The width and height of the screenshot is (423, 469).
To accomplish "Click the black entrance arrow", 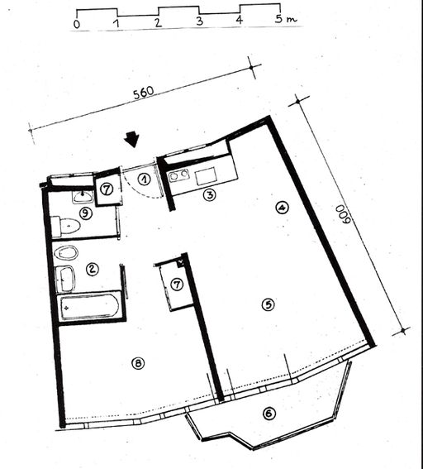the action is point(132,140).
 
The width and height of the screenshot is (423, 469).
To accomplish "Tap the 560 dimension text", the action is point(144,93).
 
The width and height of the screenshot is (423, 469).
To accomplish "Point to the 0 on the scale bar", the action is point(77,24).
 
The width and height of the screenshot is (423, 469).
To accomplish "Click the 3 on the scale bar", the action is point(199,22).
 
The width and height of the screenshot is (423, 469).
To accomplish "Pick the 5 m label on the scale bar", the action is point(286,19).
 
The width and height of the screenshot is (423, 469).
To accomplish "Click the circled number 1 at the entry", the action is point(145,179).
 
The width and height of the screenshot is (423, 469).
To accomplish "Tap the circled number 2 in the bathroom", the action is point(92,269).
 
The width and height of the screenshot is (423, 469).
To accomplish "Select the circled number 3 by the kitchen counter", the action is point(209,195).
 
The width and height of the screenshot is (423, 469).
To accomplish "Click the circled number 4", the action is point(282,208).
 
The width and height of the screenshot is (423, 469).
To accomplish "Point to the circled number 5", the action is point(268,304).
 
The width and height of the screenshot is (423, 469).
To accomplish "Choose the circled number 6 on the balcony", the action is point(269,414).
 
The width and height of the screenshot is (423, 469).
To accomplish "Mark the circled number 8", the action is point(138,363).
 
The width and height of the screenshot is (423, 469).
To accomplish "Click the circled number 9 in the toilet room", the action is point(86,213).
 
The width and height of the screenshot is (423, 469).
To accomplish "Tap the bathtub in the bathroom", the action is point(90,307).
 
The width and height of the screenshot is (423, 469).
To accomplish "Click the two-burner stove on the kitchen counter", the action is point(179,175).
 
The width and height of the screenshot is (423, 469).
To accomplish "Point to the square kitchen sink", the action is point(206,176).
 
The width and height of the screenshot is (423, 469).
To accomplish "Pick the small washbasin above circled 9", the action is point(83,197).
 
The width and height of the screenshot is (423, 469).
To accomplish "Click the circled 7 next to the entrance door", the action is point(107,189).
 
